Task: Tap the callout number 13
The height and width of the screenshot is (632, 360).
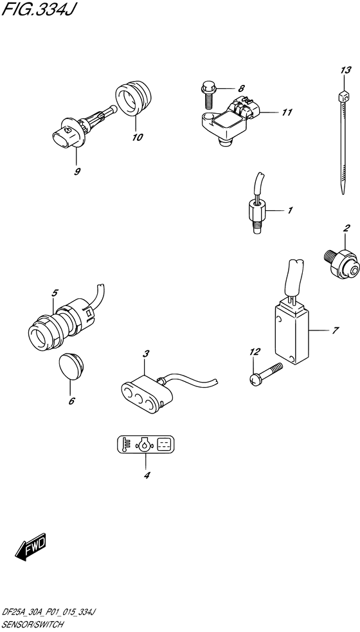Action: pos(346,69)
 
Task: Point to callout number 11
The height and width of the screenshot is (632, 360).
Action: pos(286,113)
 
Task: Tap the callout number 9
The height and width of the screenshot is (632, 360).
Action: pos(76,172)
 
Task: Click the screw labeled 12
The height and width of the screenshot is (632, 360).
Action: pos(267,374)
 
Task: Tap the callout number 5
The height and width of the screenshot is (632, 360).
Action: pos(55,293)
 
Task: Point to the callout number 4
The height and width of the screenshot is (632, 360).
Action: pos(147,476)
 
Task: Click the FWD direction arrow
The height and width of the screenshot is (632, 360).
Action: pos(30,548)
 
